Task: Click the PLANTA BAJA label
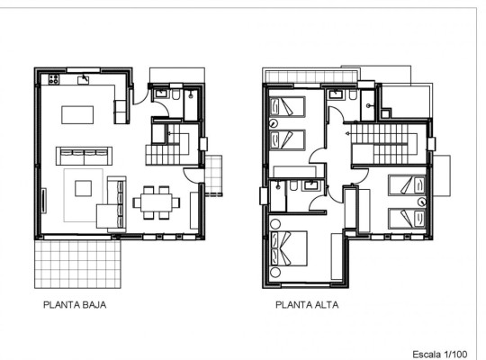pos(76,306)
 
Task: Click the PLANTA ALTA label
pos(307,306)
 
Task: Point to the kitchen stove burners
pos(51,79)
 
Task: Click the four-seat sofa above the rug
pos(83,155)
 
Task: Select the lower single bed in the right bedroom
pos(407,217)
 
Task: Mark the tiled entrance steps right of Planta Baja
pos(214,175)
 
